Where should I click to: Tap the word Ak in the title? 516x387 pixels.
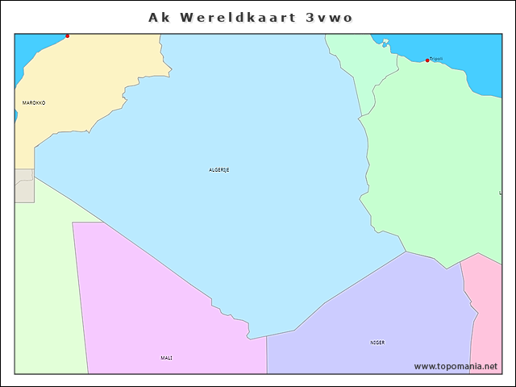159,17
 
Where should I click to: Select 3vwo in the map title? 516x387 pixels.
329,17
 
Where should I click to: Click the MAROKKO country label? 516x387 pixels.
34,103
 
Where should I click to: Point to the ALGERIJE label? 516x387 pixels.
219,169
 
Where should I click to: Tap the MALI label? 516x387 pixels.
166,357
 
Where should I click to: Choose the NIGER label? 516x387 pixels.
377,342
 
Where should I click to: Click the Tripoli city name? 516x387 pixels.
436,58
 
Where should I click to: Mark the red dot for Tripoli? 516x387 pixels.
427,60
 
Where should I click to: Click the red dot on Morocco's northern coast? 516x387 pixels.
67,35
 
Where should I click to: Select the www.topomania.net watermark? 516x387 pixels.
456,366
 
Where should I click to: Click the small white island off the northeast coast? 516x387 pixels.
385,43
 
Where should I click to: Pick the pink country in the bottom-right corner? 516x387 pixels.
489,322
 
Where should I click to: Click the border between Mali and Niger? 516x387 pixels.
267,355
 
